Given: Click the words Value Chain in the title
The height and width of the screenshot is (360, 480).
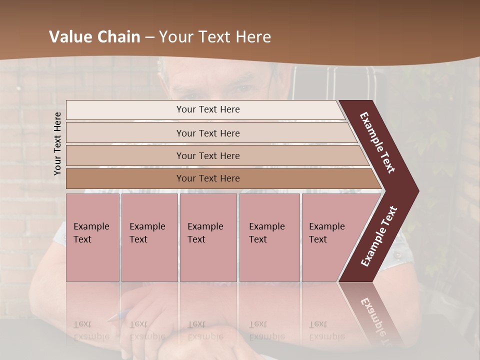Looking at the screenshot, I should (x=94, y=37).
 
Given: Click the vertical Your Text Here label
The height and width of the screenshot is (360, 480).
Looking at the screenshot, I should (x=57, y=143).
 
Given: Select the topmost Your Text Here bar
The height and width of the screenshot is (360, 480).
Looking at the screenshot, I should (x=208, y=109).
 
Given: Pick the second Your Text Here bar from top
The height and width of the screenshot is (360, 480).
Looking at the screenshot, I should (x=208, y=133).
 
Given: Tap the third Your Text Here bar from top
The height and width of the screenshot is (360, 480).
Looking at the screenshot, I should (x=208, y=155).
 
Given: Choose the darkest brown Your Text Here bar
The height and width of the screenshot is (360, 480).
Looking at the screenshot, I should (x=208, y=178).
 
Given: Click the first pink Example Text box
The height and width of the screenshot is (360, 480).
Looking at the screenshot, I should (x=92, y=237).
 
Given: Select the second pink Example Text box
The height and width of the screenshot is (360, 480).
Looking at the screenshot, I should (x=149, y=237).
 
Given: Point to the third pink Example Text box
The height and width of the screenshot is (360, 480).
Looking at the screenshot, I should (x=208, y=237).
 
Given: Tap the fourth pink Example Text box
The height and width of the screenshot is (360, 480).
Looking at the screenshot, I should (x=269, y=237).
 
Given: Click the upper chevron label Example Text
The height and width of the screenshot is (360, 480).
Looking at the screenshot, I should (x=377, y=142).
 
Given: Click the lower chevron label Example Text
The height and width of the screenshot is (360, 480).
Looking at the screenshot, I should (x=378, y=236).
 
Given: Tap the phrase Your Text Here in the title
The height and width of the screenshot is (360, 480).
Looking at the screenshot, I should (x=215, y=37).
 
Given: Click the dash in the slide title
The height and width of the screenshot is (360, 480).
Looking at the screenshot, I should (x=150, y=37).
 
